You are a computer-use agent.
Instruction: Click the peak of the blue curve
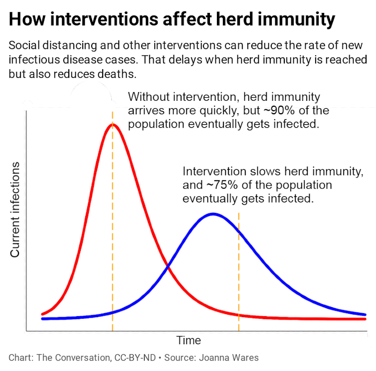click(213, 214)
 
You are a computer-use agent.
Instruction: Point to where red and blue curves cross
click(168, 268)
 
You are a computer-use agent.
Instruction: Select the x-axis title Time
click(188, 341)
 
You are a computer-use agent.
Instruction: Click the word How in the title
click(25, 20)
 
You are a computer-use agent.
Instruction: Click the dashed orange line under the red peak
click(113, 224)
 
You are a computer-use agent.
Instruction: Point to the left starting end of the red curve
click(42, 314)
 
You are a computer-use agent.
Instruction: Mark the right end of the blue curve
click(366, 315)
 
